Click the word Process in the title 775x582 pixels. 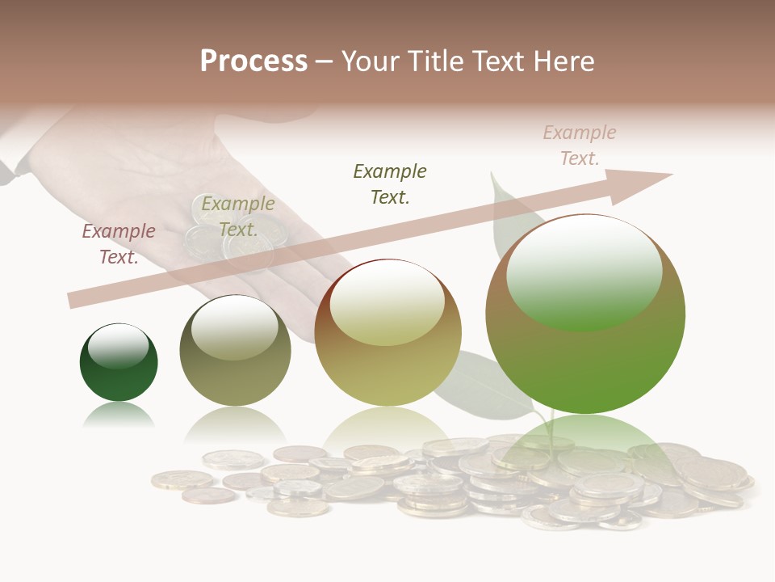click(x=253, y=61)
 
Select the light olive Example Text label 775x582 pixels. click(x=238, y=217)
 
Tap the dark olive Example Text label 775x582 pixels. click(x=390, y=184)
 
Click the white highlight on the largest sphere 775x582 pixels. click(x=584, y=271)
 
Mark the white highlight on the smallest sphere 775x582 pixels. click(x=118, y=346)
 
